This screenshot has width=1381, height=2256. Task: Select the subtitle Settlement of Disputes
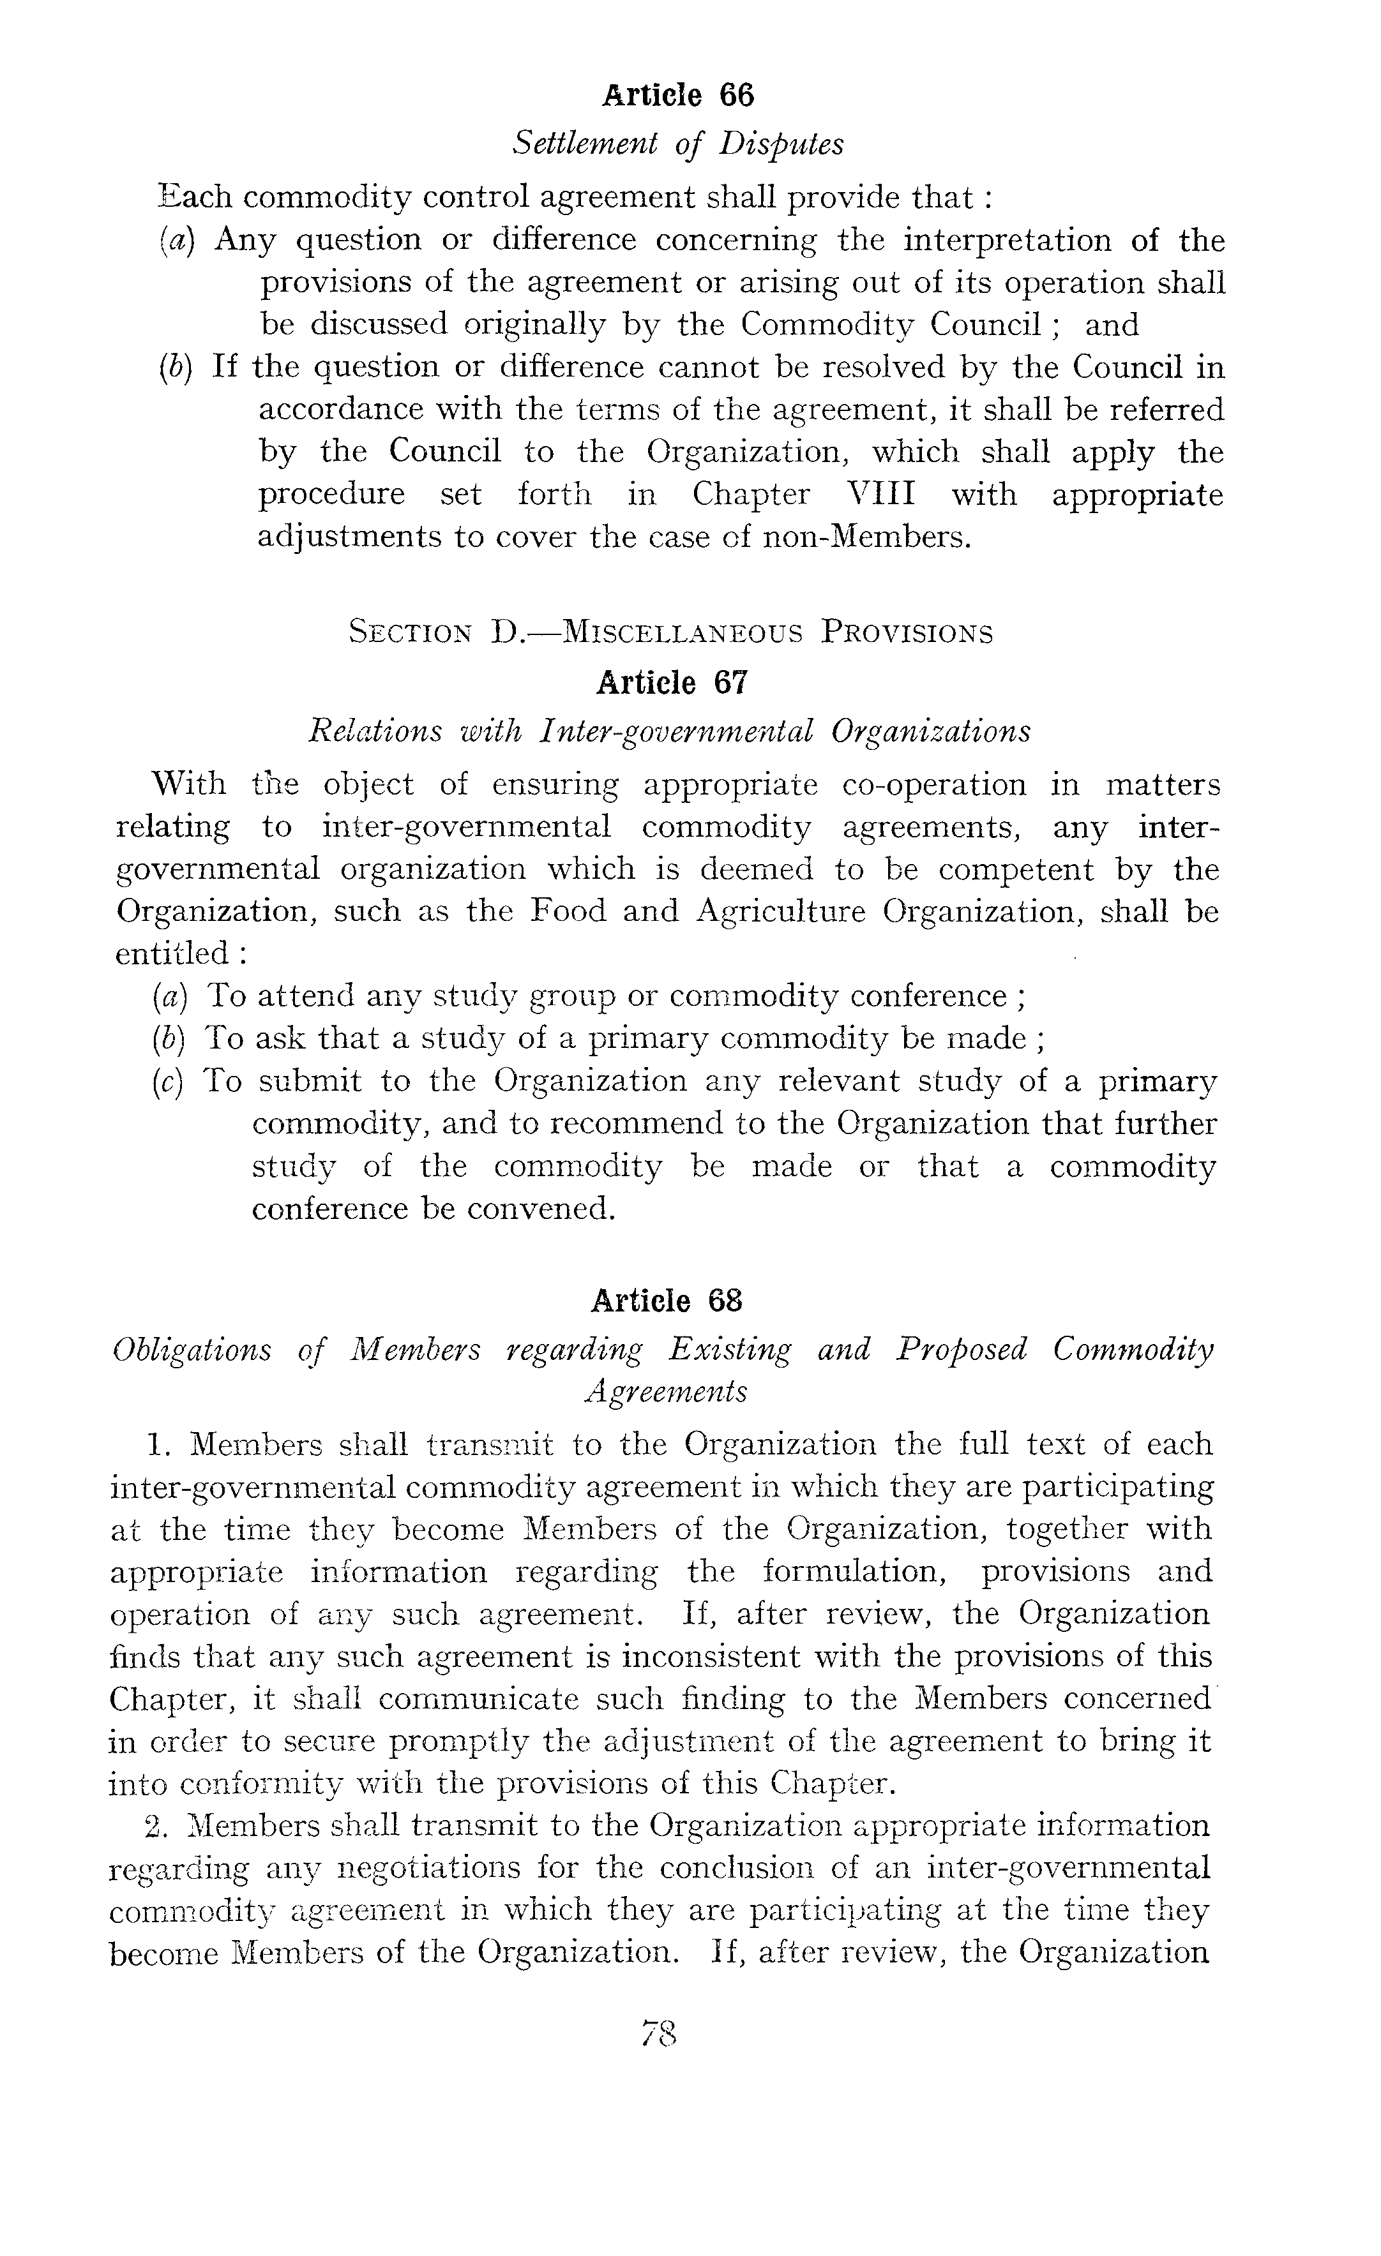pos(677,144)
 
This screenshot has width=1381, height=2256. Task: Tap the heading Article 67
pos(672,682)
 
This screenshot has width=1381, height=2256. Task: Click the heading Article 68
pos(666,1300)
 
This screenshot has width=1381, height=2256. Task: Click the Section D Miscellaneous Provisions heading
pos(671,632)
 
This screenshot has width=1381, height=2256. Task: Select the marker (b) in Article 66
pos(175,367)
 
